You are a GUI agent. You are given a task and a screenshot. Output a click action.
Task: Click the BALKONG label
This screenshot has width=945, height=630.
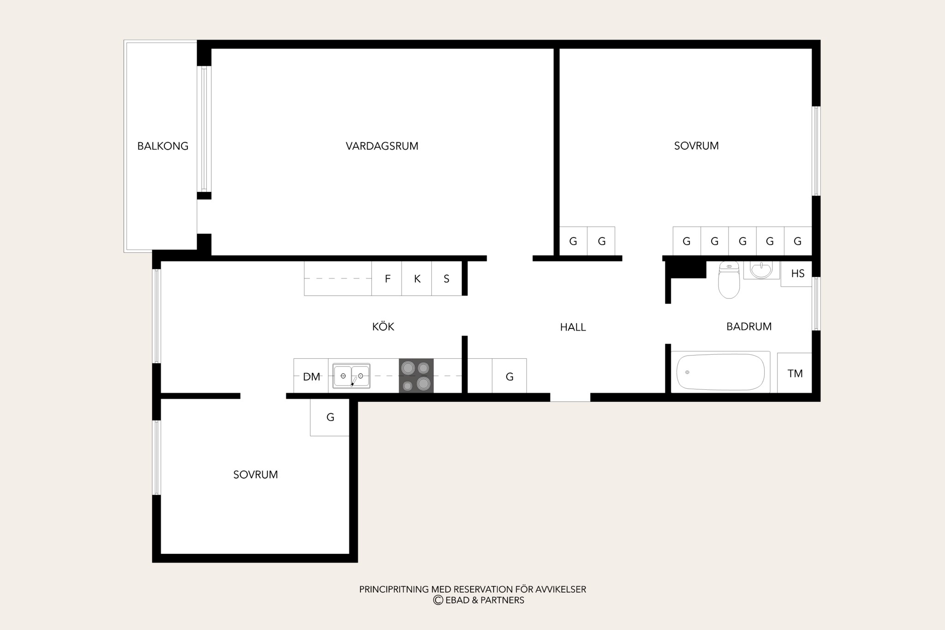(x=163, y=146)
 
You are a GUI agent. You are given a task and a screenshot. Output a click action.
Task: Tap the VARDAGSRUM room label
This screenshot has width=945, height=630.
(x=382, y=146)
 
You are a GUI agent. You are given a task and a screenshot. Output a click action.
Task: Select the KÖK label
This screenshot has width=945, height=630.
(x=383, y=327)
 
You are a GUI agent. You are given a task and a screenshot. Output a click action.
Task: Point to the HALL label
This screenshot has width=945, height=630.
(x=573, y=327)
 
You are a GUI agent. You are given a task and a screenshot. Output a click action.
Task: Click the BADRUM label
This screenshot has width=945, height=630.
(x=749, y=327)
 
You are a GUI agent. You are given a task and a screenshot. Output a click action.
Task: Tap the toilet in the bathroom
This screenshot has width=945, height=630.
(x=729, y=279)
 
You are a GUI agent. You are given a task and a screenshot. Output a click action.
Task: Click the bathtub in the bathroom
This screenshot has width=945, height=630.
(x=720, y=372)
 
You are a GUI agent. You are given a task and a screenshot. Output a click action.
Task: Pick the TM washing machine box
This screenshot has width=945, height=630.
(x=795, y=373)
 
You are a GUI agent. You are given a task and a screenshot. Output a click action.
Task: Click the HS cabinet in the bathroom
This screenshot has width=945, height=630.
(x=796, y=274)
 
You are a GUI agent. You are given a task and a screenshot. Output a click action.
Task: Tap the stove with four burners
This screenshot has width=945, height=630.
(x=416, y=376)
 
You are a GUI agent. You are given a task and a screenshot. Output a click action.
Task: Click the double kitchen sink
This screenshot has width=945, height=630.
(x=352, y=376)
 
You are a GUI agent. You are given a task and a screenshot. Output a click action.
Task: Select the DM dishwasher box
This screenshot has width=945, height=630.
(x=311, y=376)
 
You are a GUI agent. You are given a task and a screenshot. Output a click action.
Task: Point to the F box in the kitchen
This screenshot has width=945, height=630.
(x=387, y=279)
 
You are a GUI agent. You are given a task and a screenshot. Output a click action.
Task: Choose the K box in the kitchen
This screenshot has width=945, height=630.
(x=417, y=279)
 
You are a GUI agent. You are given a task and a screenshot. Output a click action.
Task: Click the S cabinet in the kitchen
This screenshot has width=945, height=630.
(x=447, y=279)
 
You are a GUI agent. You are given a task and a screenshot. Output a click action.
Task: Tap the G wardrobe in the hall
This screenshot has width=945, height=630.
(x=509, y=376)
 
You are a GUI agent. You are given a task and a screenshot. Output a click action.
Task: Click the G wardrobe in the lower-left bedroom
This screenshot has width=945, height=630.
(x=330, y=417)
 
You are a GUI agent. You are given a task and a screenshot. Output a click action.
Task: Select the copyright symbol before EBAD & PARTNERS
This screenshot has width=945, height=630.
(x=438, y=600)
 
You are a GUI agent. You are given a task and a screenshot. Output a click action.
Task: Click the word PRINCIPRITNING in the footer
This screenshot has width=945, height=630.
(x=394, y=589)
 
